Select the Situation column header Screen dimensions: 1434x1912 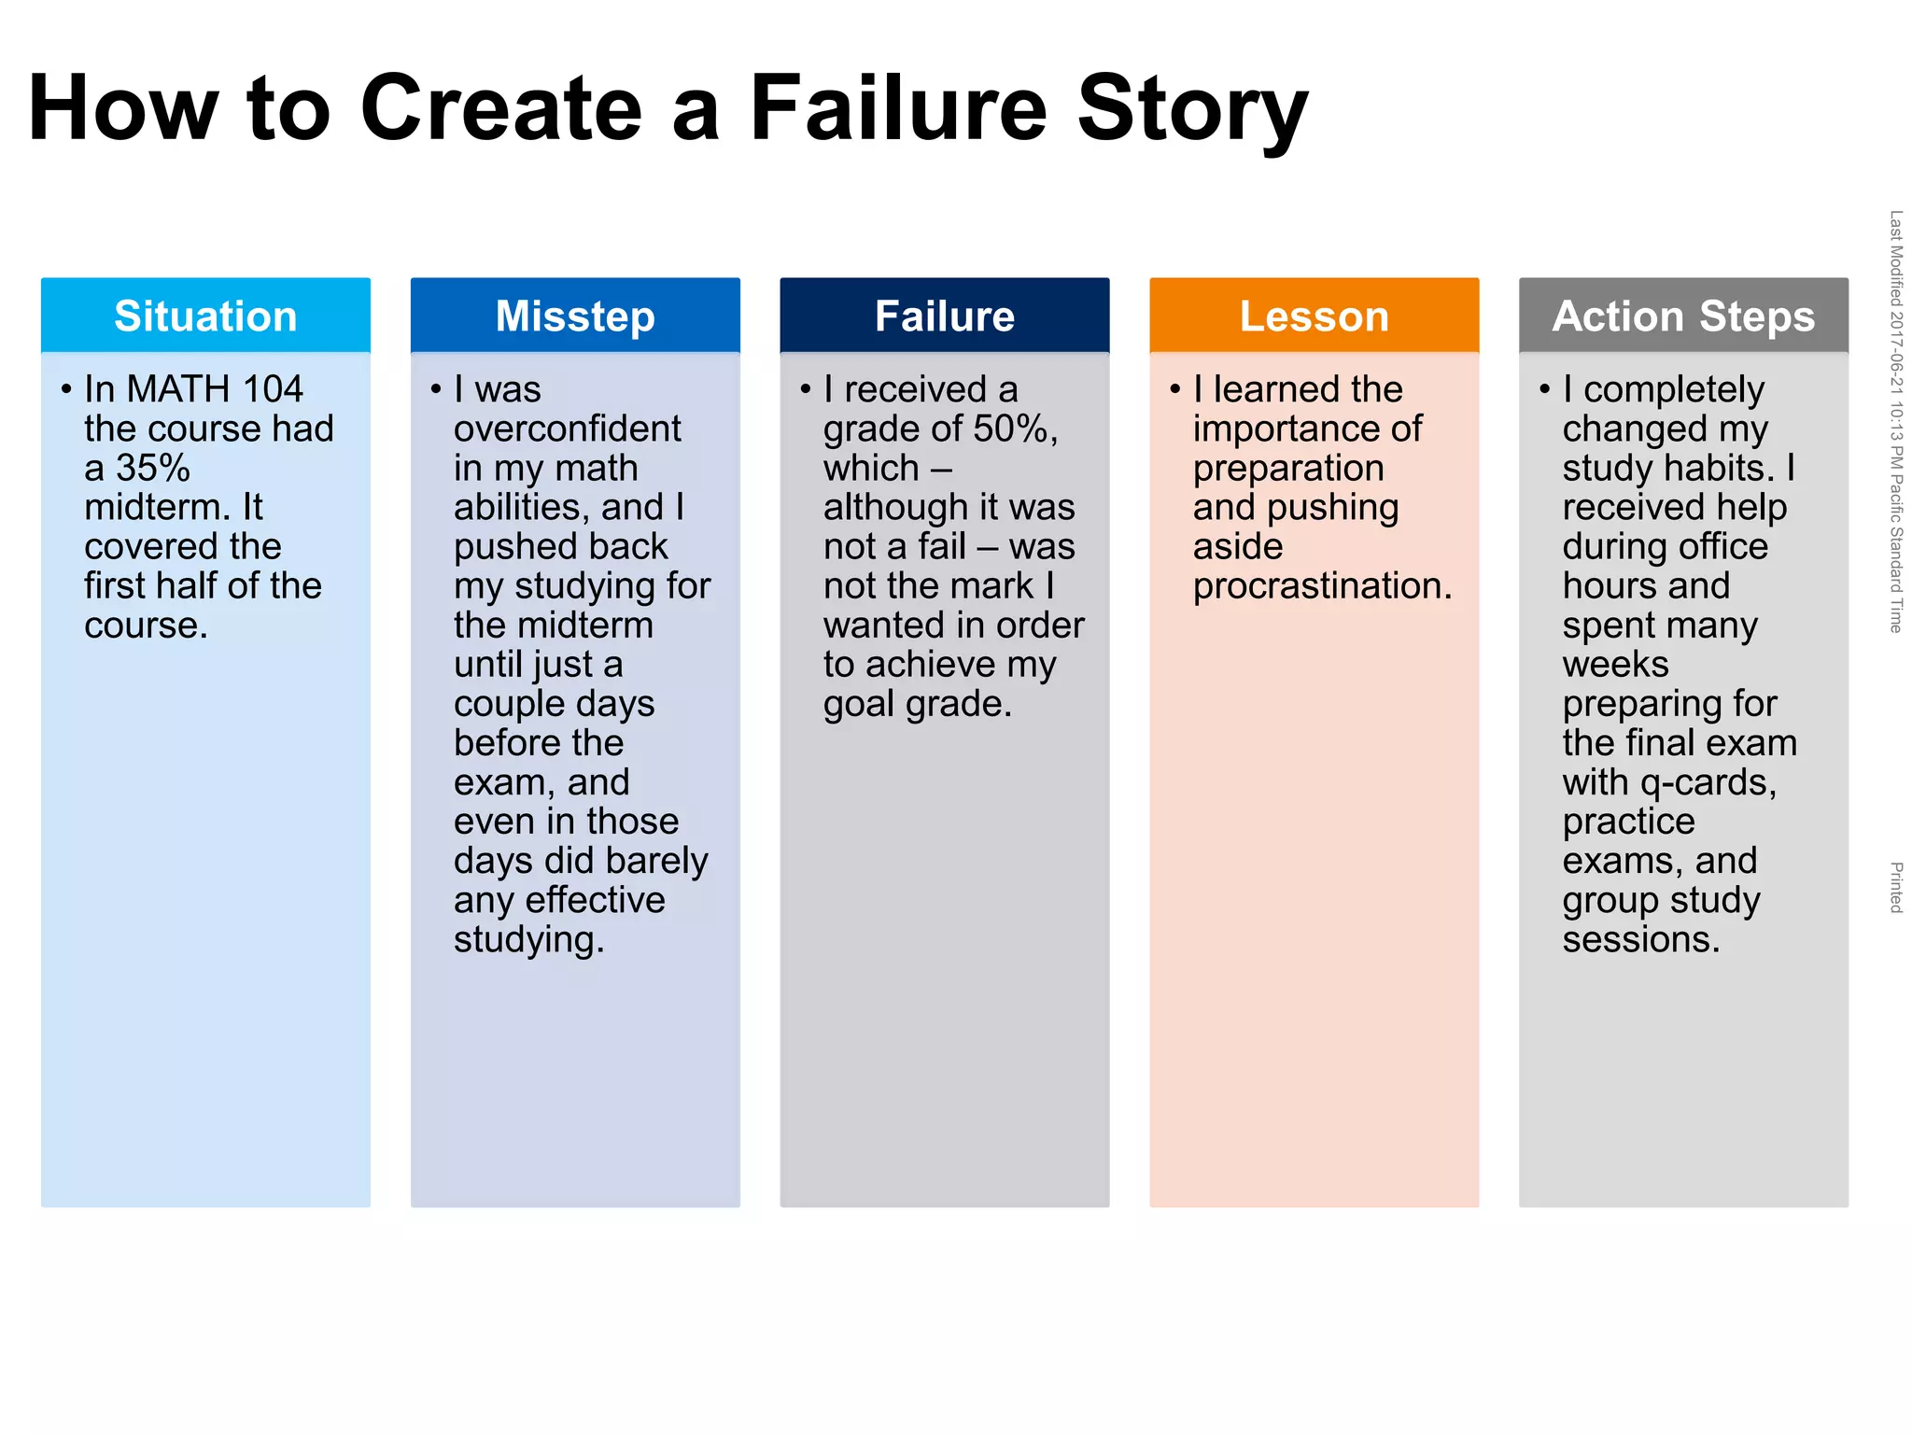(x=205, y=316)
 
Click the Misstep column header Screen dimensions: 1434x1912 (x=575, y=316)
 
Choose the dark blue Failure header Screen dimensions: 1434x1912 (x=945, y=316)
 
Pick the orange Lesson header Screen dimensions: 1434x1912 (x=1314, y=316)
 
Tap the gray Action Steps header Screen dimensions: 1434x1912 (x=1683, y=316)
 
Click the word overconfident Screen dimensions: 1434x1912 (x=568, y=429)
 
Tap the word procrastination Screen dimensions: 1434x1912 (x=1321, y=585)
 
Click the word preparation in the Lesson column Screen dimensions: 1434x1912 (x=1288, y=468)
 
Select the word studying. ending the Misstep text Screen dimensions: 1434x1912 (x=528, y=939)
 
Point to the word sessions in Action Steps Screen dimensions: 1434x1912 (x=1640, y=939)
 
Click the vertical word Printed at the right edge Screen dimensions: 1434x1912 (x=1896, y=887)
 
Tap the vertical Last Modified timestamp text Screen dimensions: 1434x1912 (x=1896, y=421)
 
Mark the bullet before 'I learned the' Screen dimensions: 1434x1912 (x=1174, y=388)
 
